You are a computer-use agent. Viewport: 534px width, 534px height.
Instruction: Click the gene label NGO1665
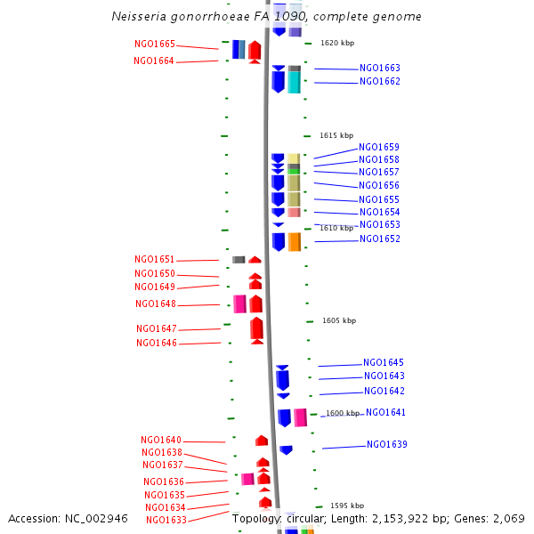tap(154, 44)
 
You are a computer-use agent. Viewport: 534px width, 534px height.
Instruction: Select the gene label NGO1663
tap(380, 69)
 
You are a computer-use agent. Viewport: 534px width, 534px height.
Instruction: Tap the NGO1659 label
tap(379, 148)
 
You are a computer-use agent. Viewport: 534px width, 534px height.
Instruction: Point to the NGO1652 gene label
tap(380, 239)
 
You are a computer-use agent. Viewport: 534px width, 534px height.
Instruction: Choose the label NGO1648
tap(156, 304)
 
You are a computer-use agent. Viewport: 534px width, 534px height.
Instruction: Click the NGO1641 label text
tap(385, 413)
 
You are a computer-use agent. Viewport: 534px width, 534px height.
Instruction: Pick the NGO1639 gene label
tap(387, 445)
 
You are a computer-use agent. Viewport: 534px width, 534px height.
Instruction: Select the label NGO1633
tap(166, 521)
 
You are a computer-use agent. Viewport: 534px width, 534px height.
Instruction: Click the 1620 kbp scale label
tap(336, 43)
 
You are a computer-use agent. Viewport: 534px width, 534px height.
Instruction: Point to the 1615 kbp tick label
tap(336, 135)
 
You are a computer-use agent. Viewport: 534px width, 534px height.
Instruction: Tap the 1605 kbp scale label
tap(339, 320)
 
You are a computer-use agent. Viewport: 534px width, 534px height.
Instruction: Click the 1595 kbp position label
tap(347, 506)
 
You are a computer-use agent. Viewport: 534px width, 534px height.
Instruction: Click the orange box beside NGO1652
tap(295, 241)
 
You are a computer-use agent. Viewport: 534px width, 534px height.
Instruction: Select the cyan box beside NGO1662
tap(294, 82)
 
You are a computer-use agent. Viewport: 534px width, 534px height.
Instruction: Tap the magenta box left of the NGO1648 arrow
tap(239, 303)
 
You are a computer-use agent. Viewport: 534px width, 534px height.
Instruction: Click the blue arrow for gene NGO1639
tap(286, 449)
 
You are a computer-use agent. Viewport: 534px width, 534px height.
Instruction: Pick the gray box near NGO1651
tap(239, 260)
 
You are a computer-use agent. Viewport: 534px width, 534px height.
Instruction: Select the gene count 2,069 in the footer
tap(509, 518)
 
